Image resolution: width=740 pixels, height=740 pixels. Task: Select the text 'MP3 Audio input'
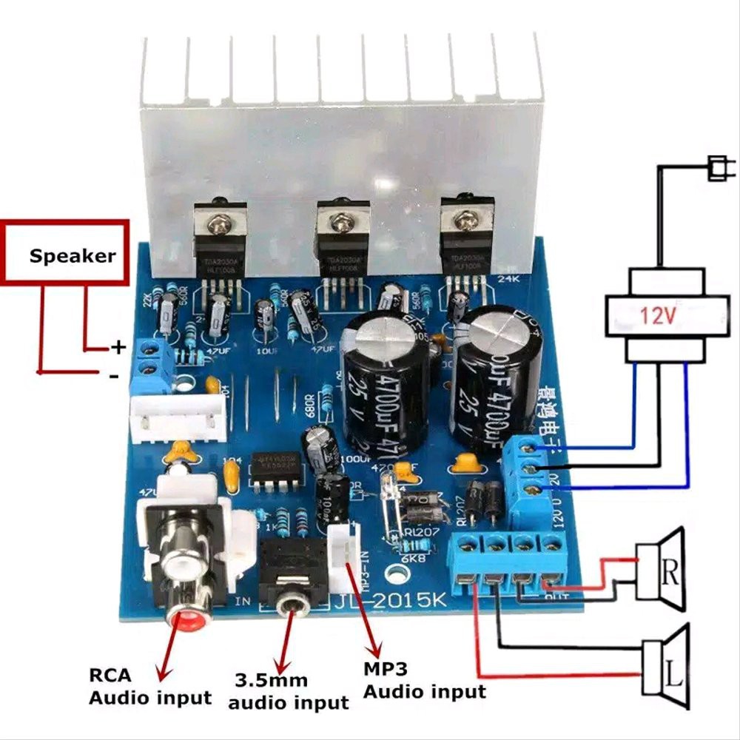(424, 680)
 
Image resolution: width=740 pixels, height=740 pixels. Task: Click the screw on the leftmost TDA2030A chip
(220, 219)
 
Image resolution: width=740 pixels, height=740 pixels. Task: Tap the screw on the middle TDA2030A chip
(341, 220)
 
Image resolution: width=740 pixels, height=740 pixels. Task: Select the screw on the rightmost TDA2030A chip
(465, 219)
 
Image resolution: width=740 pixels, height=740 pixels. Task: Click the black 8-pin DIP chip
(274, 469)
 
